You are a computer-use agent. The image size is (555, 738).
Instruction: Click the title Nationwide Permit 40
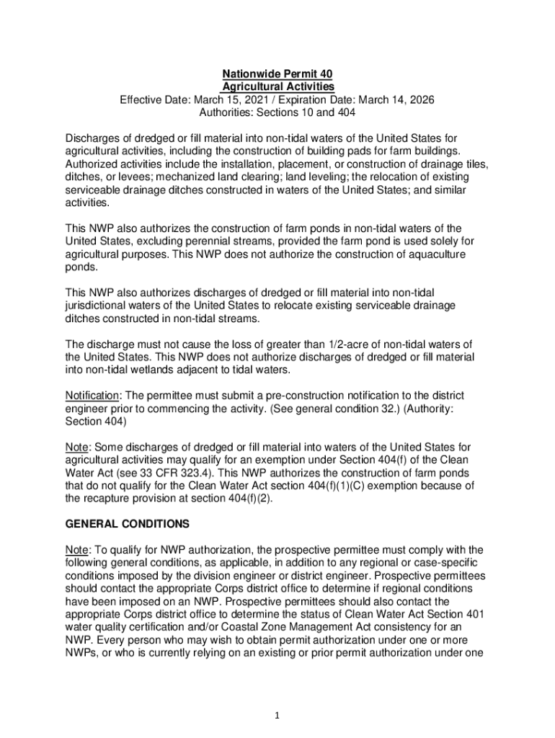click(x=277, y=74)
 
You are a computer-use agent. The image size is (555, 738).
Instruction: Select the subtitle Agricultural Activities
click(x=277, y=86)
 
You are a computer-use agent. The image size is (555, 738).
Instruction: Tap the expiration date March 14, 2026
click(x=394, y=99)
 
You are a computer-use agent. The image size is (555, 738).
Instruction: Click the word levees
click(x=136, y=177)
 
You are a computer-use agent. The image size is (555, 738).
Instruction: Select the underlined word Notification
click(x=92, y=396)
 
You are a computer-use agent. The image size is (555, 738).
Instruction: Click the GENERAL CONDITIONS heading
click(x=128, y=524)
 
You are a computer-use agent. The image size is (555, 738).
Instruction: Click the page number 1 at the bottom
click(x=277, y=716)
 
